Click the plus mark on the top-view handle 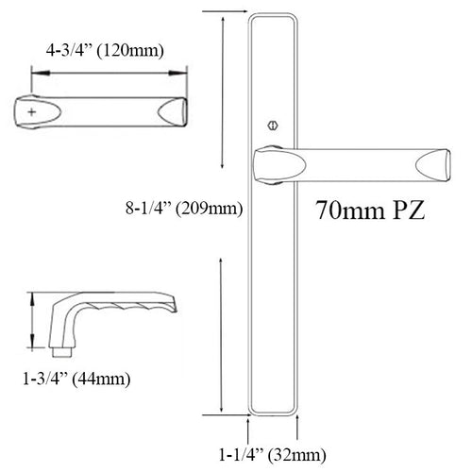pos(35,111)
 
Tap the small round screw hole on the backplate pos(274,123)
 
